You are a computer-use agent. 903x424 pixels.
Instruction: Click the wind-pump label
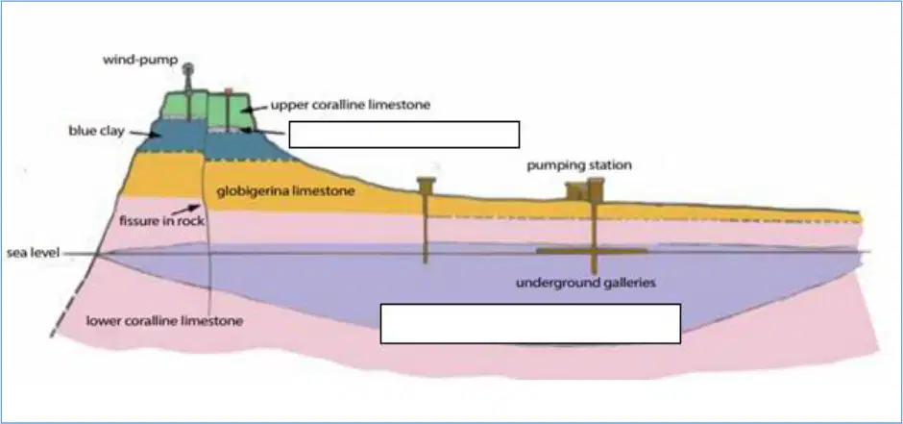click(x=140, y=60)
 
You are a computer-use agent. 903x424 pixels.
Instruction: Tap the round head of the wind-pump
click(x=188, y=68)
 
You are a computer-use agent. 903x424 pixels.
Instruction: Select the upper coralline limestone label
click(x=351, y=105)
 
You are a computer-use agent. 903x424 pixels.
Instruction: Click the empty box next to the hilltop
click(x=404, y=135)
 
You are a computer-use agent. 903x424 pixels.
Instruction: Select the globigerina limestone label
click(x=285, y=190)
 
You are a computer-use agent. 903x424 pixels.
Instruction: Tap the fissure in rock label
click(x=161, y=220)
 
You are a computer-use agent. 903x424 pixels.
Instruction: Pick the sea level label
click(x=33, y=253)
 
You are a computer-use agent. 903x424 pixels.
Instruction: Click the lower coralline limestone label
click(x=164, y=321)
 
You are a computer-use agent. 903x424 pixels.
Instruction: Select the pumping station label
click(x=579, y=165)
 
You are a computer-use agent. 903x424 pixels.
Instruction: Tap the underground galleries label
click(x=586, y=283)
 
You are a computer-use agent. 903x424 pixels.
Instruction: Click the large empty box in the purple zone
click(x=530, y=324)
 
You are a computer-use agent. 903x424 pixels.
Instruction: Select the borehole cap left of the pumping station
click(x=427, y=185)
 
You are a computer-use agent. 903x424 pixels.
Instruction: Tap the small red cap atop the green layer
click(x=229, y=91)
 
